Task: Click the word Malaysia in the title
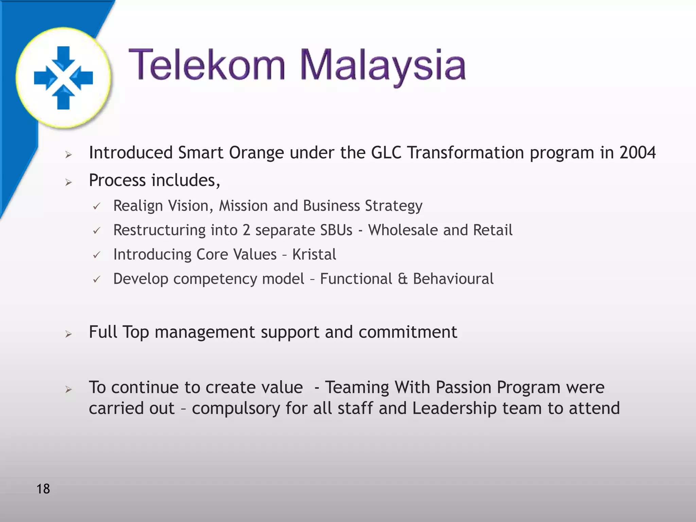[x=383, y=66]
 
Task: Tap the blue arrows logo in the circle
[x=64, y=77]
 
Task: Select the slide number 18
[x=43, y=489]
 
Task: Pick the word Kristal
[x=314, y=255]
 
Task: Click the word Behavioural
[x=453, y=279]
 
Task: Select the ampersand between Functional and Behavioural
[x=402, y=279]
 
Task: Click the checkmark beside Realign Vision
[x=97, y=206]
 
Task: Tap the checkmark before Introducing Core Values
[x=97, y=255]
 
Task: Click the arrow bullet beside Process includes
[x=69, y=182]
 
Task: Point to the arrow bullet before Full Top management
[x=69, y=334]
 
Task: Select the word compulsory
[x=236, y=408]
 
